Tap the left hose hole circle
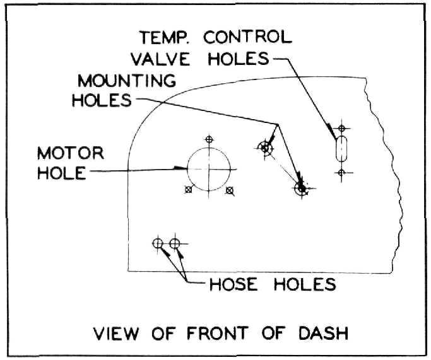(x=158, y=243)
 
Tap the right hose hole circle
(x=175, y=243)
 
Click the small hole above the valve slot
(x=341, y=128)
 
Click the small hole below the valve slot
(x=341, y=173)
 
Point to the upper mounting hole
(x=265, y=148)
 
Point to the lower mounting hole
(x=302, y=189)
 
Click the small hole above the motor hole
(x=209, y=139)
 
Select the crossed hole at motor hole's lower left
(x=188, y=190)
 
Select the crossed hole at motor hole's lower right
(x=229, y=190)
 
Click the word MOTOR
(x=71, y=153)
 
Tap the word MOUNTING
(x=127, y=81)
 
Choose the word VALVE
(x=160, y=59)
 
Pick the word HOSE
(x=233, y=284)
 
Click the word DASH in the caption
(x=324, y=333)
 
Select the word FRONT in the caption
(x=218, y=333)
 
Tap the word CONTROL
(x=247, y=37)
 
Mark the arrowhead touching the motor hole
(x=180, y=168)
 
